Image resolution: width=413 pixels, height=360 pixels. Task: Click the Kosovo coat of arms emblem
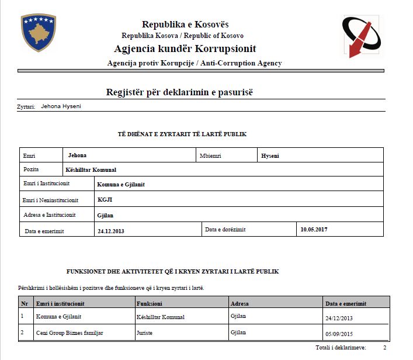(x=38, y=33)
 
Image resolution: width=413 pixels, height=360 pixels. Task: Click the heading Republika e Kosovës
(x=185, y=25)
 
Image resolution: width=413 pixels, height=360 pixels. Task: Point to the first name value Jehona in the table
(x=77, y=155)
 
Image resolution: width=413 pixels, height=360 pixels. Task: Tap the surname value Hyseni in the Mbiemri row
(x=271, y=156)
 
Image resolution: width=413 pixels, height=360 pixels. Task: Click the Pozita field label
(x=31, y=169)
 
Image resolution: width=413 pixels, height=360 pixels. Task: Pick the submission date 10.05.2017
(x=314, y=230)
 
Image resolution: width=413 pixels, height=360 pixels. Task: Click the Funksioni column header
(x=150, y=304)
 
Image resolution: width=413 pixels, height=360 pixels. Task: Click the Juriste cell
(x=146, y=333)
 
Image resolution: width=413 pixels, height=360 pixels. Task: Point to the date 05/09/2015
(x=339, y=334)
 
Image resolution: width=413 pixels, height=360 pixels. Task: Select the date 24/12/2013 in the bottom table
(x=339, y=319)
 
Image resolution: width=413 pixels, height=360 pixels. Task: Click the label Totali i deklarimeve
(x=341, y=348)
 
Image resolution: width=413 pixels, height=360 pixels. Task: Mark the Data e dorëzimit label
(x=225, y=230)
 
